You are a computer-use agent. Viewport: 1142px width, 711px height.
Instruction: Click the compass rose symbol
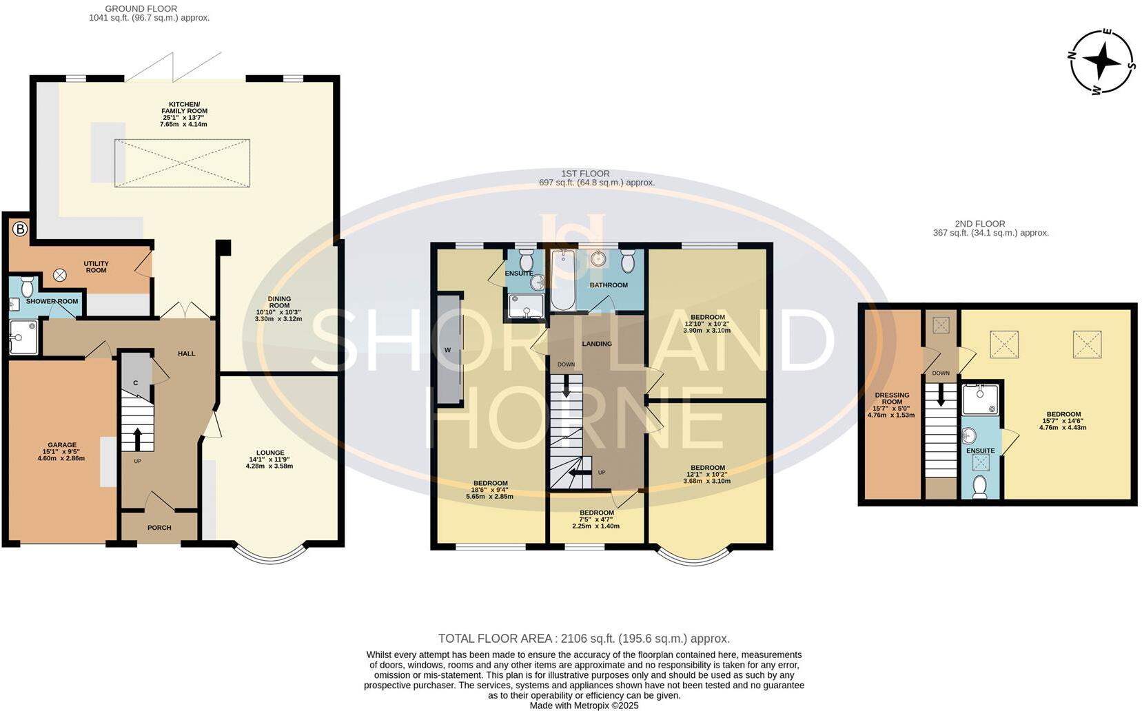pos(1101,61)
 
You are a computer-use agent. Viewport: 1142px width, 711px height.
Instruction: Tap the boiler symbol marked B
pos(20,229)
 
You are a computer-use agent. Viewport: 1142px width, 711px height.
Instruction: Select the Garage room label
pos(62,451)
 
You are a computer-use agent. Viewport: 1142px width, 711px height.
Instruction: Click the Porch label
pos(159,528)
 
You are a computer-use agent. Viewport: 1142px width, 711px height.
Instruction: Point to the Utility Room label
pos(96,267)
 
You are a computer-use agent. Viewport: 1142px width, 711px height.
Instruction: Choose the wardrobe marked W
pos(448,350)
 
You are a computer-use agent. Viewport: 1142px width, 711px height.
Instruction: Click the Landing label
pos(597,344)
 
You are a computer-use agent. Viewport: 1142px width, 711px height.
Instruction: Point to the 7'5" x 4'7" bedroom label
pos(596,519)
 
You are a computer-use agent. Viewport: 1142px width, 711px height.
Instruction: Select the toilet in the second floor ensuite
pos(980,487)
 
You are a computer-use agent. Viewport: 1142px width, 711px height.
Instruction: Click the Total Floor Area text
pos(584,639)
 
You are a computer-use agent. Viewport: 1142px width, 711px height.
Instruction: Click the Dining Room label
pos(279,309)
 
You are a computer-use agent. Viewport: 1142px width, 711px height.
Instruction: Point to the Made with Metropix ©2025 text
pos(584,705)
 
